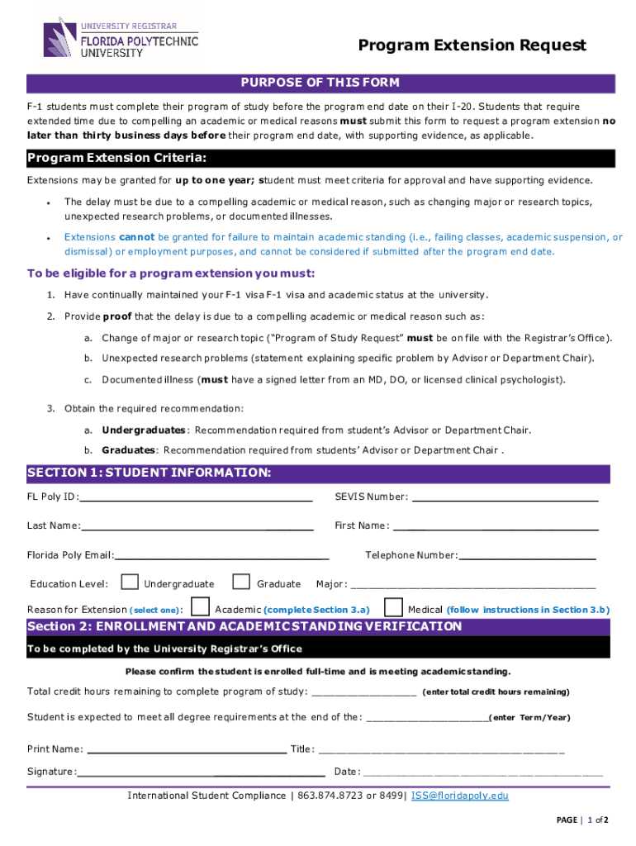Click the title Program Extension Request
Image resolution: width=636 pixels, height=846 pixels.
pyautogui.click(x=472, y=45)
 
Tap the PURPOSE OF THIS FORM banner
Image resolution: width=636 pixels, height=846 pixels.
pyautogui.click(x=320, y=83)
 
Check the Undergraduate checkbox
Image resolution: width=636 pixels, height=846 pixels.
pyautogui.click(x=130, y=582)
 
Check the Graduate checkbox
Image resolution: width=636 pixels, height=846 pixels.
pyautogui.click(x=241, y=582)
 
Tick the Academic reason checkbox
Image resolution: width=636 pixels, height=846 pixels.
pyautogui.click(x=200, y=608)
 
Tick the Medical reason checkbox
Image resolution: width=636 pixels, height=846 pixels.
pyautogui.click(x=393, y=608)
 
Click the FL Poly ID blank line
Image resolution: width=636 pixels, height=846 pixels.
pyautogui.click(x=196, y=499)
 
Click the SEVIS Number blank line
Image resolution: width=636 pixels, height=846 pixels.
pyautogui.click(x=505, y=499)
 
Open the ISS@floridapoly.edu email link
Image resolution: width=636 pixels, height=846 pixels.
pyautogui.click(x=459, y=796)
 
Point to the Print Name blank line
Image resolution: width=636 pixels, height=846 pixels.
pyautogui.click(x=186, y=752)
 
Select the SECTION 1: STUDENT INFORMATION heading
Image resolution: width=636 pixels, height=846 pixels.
pyautogui.click(x=149, y=473)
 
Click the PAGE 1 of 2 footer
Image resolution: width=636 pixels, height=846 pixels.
pyautogui.click(x=582, y=820)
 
